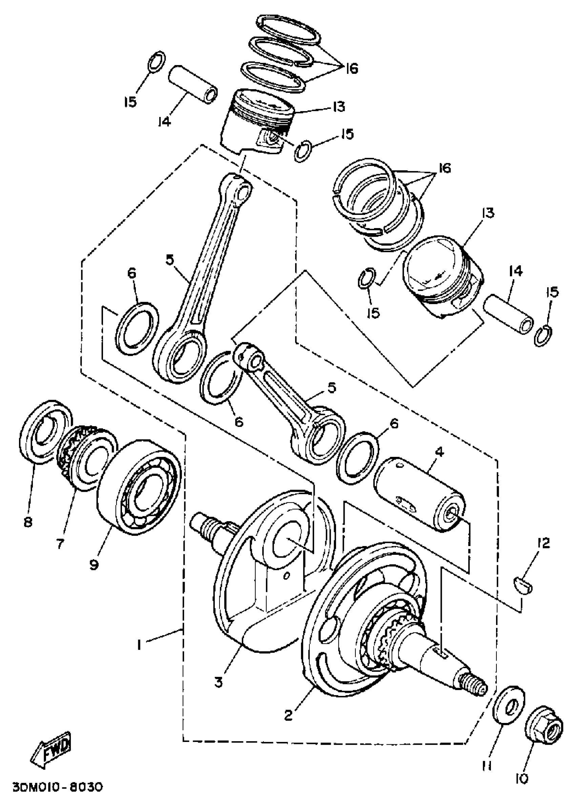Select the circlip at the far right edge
(543, 335)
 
